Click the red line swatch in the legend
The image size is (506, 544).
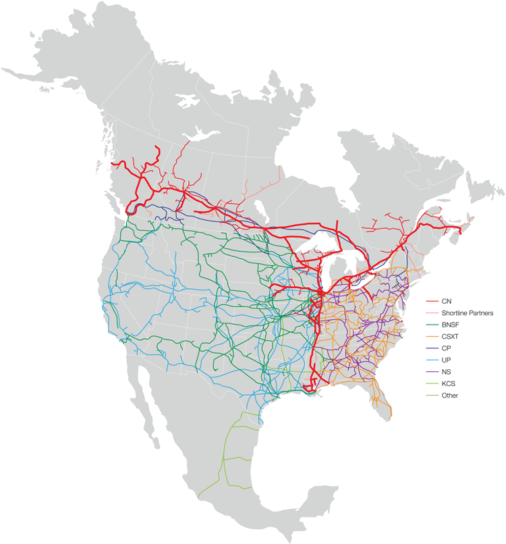(x=432, y=300)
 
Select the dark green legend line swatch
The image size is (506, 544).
(x=432, y=325)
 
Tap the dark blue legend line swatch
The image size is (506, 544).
(x=432, y=348)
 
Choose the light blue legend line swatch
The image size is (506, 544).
(x=432, y=360)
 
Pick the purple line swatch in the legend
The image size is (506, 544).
(x=432, y=372)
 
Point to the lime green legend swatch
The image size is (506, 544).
(x=432, y=384)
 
